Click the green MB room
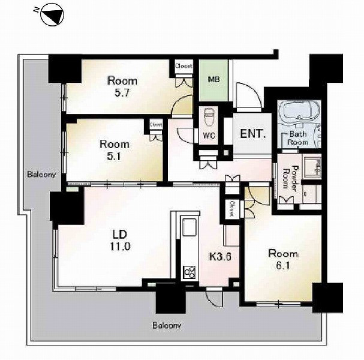coord(214,80)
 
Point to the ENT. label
coord(252,134)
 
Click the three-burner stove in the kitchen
coord(189,272)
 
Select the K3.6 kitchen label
coord(220,257)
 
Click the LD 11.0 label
coord(120,241)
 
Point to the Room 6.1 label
coord(283,259)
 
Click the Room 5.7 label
coord(122,87)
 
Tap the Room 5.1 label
coord(115,150)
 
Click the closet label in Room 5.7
coord(183,66)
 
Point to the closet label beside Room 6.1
coord(233,209)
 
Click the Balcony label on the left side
coord(41,174)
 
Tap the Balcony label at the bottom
coord(167,325)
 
